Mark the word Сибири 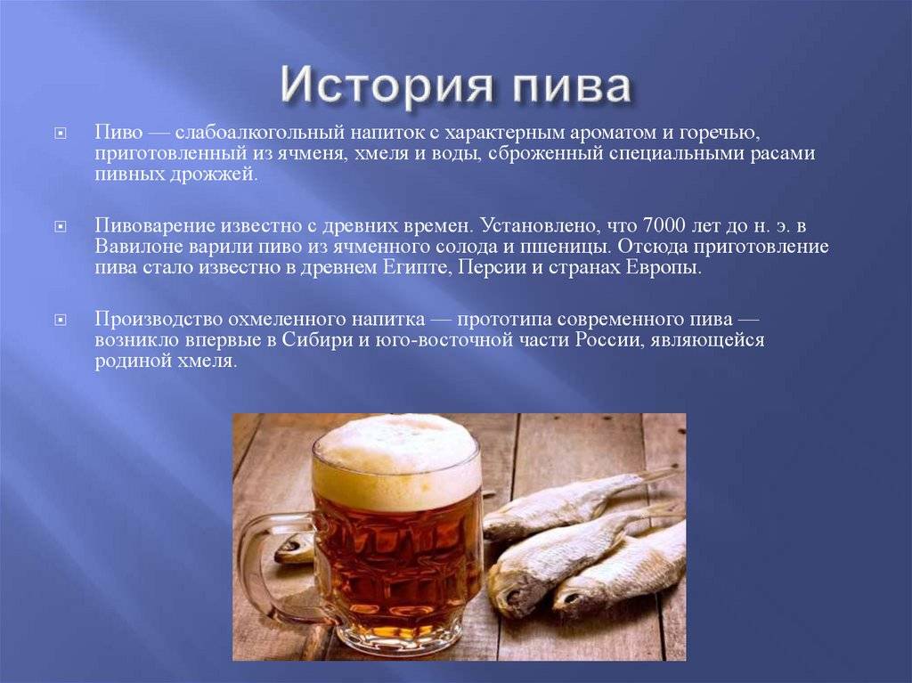321,340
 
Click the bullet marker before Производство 61,320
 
